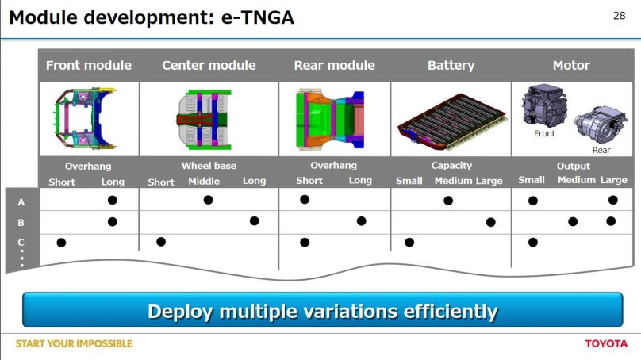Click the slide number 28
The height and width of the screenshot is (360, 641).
coord(620,15)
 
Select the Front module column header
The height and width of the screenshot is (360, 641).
coord(88,65)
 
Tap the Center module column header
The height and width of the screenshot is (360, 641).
coord(209,65)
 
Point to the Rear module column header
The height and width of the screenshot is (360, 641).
coord(333,65)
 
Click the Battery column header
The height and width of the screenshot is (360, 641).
coord(451,65)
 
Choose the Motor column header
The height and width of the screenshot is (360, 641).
coord(570,65)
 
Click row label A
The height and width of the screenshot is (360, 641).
coord(21,202)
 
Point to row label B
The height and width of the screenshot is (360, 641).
coord(21,223)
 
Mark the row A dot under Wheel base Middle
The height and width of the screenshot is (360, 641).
coord(208,200)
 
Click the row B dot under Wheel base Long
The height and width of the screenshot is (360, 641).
coord(254,221)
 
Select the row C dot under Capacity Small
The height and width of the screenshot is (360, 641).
coord(409,242)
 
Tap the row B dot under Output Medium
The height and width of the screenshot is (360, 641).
coord(573,221)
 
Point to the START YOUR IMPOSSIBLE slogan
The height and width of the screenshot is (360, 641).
coord(74,343)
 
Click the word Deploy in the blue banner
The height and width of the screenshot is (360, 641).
coord(178,311)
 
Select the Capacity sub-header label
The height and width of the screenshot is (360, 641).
coord(451,166)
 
